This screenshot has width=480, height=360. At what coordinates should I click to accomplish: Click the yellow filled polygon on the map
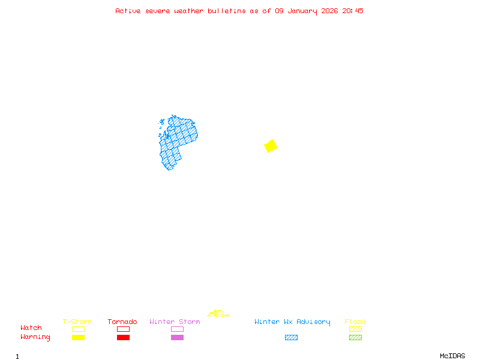click(271, 146)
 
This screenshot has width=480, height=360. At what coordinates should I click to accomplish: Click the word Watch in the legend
click(31, 328)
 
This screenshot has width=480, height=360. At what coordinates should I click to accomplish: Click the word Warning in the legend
click(35, 337)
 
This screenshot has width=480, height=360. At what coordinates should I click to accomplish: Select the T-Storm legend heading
click(77, 322)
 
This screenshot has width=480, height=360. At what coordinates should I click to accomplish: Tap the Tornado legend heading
click(122, 322)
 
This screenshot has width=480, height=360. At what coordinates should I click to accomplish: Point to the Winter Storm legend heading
click(175, 322)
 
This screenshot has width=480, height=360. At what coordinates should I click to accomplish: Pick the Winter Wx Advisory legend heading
click(292, 322)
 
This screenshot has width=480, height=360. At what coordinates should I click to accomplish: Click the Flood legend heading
click(355, 322)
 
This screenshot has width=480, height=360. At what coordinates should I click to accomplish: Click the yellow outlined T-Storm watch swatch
click(78, 329)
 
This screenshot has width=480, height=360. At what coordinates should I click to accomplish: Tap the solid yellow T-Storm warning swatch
click(78, 338)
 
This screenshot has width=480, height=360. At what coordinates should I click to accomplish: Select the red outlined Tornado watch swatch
click(123, 329)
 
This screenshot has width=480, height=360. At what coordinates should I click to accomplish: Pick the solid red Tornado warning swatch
click(123, 338)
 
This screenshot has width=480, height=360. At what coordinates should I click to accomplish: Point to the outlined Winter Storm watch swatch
click(177, 329)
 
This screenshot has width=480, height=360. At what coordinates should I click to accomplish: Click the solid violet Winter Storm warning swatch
click(177, 338)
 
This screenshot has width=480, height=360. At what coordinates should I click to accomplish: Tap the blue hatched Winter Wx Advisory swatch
click(291, 338)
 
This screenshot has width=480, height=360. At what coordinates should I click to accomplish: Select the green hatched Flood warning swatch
click(355, 338)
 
